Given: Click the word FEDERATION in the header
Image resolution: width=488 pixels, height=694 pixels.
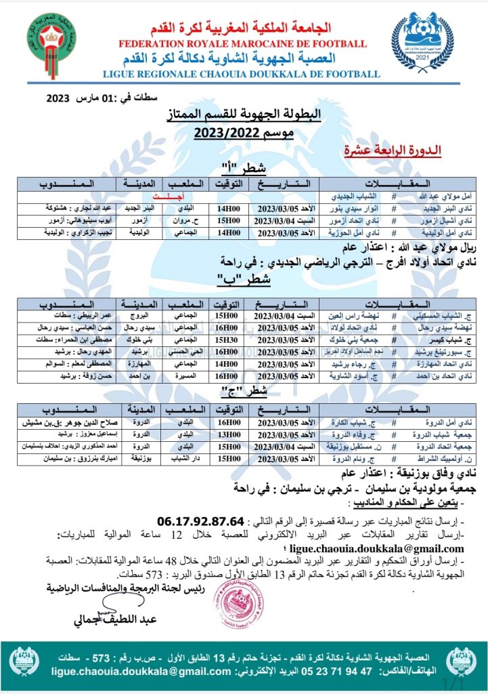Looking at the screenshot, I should [158, 44].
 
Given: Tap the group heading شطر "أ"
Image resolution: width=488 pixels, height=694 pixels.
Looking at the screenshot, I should [243, 168].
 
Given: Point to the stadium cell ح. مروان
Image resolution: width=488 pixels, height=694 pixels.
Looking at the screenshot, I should [182, 220].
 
